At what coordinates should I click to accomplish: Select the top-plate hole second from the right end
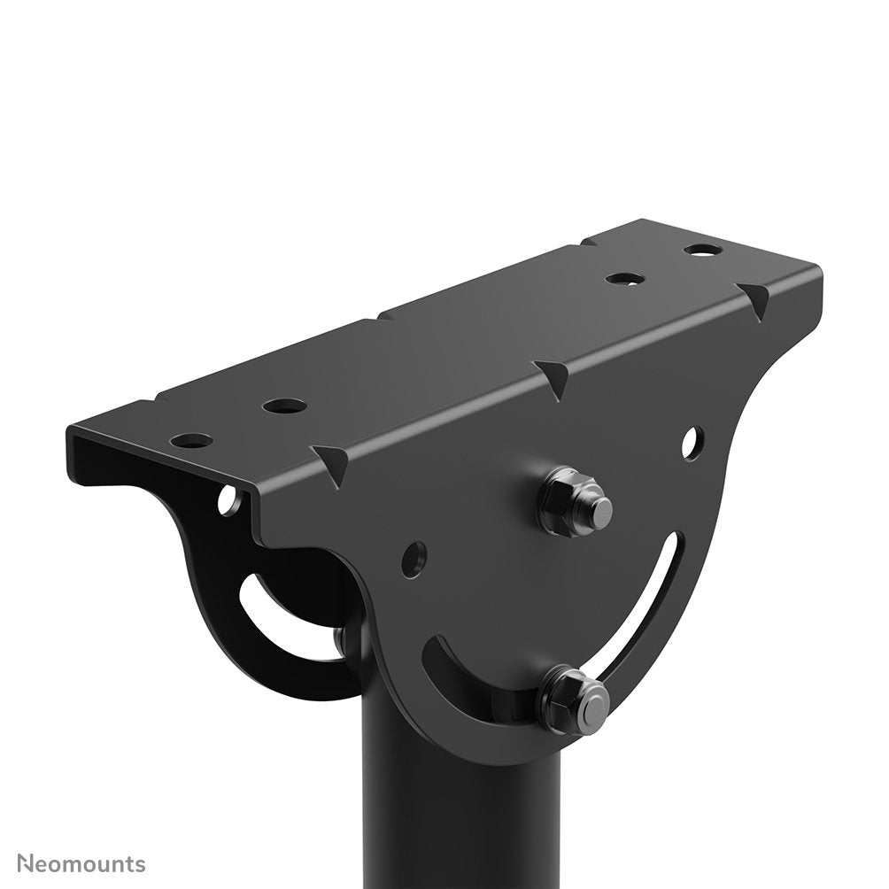(x=625, y=279)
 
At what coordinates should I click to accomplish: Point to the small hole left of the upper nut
(x=413, y=556)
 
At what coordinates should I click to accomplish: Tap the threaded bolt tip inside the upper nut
(x=600, y=508)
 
